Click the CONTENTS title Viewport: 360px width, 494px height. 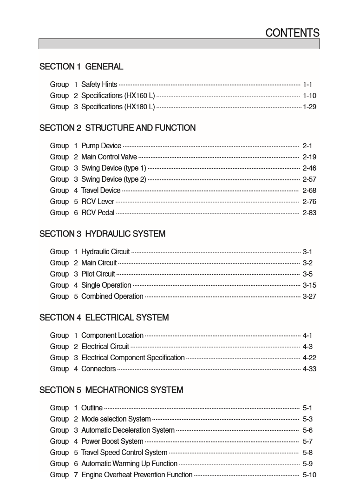click(x=292, y=33)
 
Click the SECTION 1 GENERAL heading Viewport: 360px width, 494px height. click(x=81, y=66)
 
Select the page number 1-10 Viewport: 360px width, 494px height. click(x=309, y=96)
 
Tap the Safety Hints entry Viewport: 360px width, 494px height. click(x=99, y=85)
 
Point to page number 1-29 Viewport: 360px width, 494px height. click(x=309, y=107)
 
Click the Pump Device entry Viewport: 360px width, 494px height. click(x=101, y=146)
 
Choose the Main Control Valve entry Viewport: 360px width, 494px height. click(x=109, y=157)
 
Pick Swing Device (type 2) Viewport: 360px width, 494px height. click(x=113, y=179)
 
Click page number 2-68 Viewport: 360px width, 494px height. click(x=309, y=191)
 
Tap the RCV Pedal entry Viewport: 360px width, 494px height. click(x=98, y=213)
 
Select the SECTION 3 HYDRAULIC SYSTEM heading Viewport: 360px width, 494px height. click(x=102, y=234)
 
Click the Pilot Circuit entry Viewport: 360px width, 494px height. click(x=98, y=274)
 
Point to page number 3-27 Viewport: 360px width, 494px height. click(x=309, y=296)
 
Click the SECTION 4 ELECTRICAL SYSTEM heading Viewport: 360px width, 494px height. click(x=104, y=317)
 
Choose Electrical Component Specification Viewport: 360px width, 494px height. click(x=133, y=358)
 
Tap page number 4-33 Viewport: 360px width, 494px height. click(x=309, y=369)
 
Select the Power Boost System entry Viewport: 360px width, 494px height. click(x=112, y=441)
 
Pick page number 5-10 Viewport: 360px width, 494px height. click(x=309, y=475)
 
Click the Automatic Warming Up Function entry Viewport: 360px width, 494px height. click(x=129, y=464)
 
